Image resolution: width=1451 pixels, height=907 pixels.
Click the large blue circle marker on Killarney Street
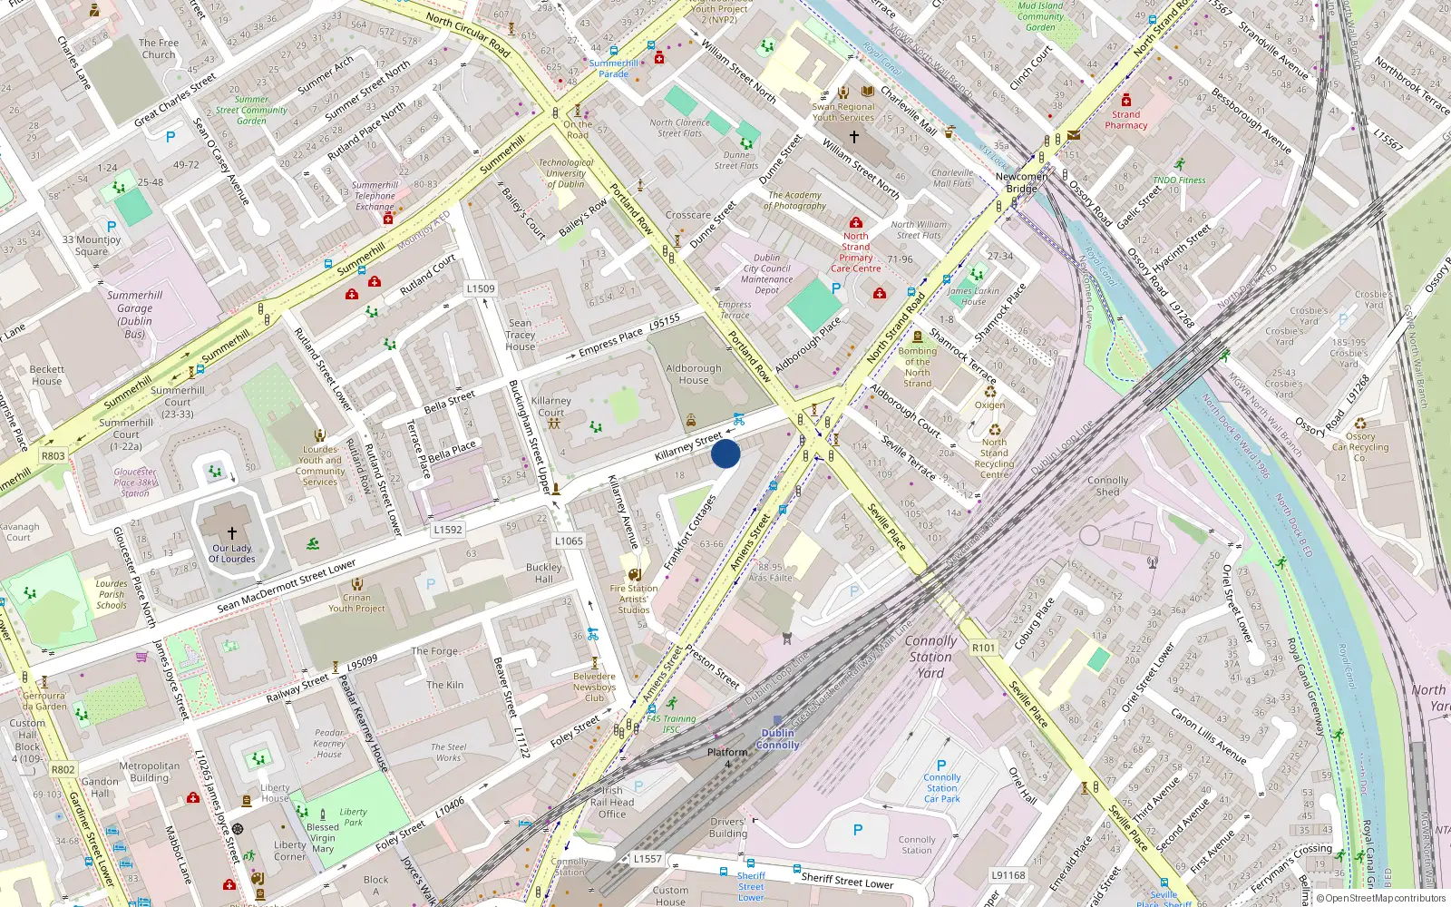pyautogui.click(x=725, y=453)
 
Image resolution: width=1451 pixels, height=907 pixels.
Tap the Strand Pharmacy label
pyautogui.click(x=1125, y=120)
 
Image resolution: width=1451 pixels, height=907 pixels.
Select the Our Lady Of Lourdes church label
pyautogui.click(x=232, y=553)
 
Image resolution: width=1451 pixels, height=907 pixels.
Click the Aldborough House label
pyautogui.click(x=694, y=375)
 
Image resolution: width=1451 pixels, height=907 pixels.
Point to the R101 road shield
pyautogui.click(x=983, y=648)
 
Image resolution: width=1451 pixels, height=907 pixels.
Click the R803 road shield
pyautogui.click(x=54, y=456)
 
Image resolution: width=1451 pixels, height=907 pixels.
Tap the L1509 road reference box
pyautogui.click(x=481, y=288)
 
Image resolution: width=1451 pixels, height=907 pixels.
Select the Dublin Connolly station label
pyautogui.click(x=777, y=739)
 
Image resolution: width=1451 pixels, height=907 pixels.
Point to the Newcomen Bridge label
pyautogui.click(x=1021, y=182)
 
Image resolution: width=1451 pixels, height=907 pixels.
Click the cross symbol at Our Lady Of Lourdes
pyautogui.click(x=232, y=533)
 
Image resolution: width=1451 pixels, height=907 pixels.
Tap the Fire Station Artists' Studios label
pyautogui.click(x=634, y=599)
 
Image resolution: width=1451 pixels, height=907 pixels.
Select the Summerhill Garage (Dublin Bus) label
pyautogui.click(x=134, y=315)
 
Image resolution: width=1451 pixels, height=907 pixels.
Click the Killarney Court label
pyautogui.click(x=550, y=406)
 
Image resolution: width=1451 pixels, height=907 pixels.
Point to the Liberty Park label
pyautogui.click(x=353, y=817)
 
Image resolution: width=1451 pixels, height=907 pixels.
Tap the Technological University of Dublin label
pyautogui.click(x=566, y=173)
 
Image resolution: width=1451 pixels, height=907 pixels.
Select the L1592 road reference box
pyautogui.click(x=448, y=530)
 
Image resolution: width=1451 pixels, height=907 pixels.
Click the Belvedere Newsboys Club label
pyautogui.click(x=594, y=687)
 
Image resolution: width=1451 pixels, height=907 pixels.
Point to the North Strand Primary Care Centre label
pyautogui.click(x=855, y=252)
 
